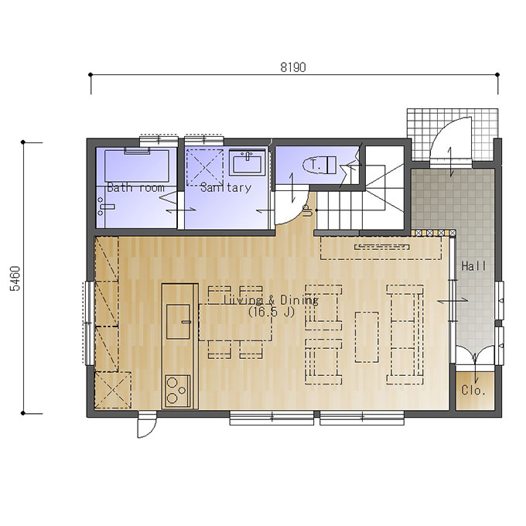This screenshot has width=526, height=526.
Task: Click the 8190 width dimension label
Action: click(x=293, y=67)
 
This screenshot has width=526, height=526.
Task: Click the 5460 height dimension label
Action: click(x=15, y=278)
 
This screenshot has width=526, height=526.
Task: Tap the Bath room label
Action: click(x=135, y=187)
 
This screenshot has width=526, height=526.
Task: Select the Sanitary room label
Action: click(x=225, y=187)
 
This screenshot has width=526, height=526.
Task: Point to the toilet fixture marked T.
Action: click(x=319, y=165)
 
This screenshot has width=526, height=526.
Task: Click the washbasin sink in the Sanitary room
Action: click(x=248, y=162)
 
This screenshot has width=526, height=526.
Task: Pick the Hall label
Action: click(x=473, y=266)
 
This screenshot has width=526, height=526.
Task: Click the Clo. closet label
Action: click(x=473, y=390)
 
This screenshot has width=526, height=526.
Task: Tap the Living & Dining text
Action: click(x=271, y=299)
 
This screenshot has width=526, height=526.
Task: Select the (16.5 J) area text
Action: click(x=271, y=313)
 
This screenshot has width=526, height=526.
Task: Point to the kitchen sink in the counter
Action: click(x=179, y=321)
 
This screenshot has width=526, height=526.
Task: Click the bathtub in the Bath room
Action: click(x=137, y=166)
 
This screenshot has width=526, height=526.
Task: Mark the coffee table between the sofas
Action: click(x=367, y=336)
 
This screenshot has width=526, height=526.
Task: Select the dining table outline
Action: click(x=235, y=323)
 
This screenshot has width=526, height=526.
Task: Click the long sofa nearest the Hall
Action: click(x=405, y=334)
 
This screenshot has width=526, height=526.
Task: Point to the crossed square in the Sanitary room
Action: click(x=205, y=167)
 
